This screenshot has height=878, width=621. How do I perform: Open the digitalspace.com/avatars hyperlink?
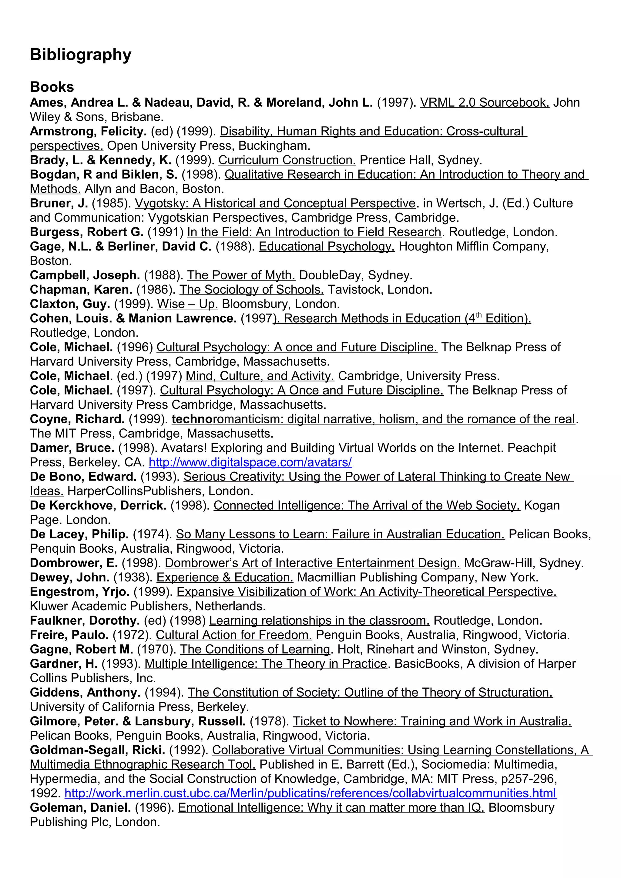pyautogui.click(x=250, y=462)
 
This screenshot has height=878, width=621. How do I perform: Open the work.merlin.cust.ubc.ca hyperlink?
pyautogui.click(x=310, y=793)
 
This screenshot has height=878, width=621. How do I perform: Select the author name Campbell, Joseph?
pyautogui.click(x=85, y=275)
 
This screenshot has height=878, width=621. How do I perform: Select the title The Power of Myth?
pyautogui.click(x=241, y=275)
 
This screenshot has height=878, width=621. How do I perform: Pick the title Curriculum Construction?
pyautogui.click(x=287, y=160)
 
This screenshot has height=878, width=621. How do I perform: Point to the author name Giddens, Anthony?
pyautogui.click(x=85, y=693)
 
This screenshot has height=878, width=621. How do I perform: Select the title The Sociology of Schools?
pyautogui.click(x=251, y=290)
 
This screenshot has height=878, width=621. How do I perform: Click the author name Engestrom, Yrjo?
pyautogui.click(x=79, y=592)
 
